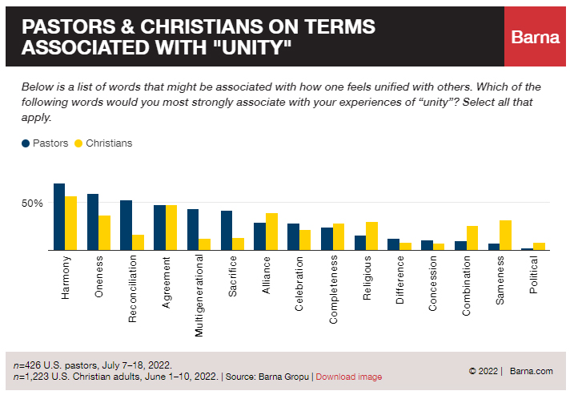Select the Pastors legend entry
(45, 143)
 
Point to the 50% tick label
(32, 204)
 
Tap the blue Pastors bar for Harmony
(59, 217)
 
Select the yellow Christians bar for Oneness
(104, 232)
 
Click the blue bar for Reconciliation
(126, 225)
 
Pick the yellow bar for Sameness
(505, 235)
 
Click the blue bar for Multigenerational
(193, 230)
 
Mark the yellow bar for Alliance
(271, 232)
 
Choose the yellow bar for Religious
(371, 236)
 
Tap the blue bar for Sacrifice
(227, 231)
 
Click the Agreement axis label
(166, 280)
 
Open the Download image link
(348, 377)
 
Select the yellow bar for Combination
(472, 238)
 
